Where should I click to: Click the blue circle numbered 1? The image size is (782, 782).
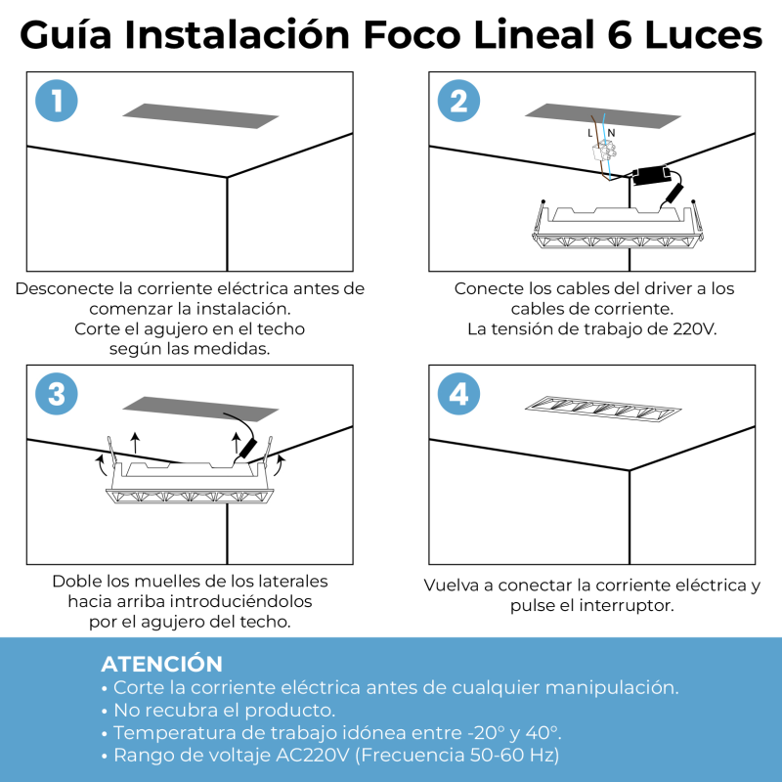click(x=57, y=101)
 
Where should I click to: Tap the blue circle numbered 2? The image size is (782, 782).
click(x=458, y=101)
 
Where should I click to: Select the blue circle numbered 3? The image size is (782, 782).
click(x=57, y=394)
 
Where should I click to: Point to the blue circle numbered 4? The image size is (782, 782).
click(x=458, y=394)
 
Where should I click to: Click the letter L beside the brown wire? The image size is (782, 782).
click(x=590, y=133)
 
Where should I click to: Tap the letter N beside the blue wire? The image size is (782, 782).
click(x=612, y=133)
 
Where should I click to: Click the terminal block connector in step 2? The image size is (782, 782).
click(x=604, y=152)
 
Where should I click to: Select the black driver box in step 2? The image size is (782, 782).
click(x=650, y=176)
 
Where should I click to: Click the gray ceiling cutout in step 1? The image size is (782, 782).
click(x=200, y=115)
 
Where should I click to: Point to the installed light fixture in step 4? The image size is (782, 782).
click(x=603, y=409)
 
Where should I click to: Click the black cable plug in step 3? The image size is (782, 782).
click(x=246, y=449)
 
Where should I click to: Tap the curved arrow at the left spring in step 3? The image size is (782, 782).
click(x=101, y=465)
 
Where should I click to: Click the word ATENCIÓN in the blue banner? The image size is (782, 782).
click(x=161, y=664)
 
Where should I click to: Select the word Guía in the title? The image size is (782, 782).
click(x=65, y=35)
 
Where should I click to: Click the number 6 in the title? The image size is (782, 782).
click(x=620, y=35)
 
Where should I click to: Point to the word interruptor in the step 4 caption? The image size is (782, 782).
click(x=627, y=605)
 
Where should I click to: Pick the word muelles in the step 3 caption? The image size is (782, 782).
click(x=163, y=582)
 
